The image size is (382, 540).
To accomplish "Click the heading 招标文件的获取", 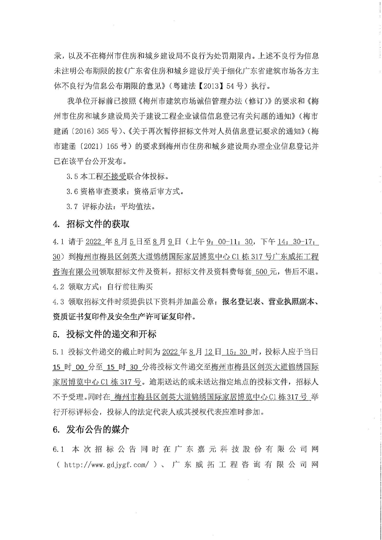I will pyautogui.click(x=98, y=224).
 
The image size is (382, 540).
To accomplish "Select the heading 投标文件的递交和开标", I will pyautogui.click(x=111, y=334).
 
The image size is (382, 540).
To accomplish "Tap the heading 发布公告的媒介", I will pyautogui.click(x=98, y=429).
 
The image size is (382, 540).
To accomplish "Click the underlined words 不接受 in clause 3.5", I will pyautogui.click(x=115, y=177).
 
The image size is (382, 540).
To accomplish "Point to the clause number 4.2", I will pyautogui.click(x=58, y=287).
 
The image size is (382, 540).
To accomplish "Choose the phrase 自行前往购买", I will pyautogui.click(x=130, y=287).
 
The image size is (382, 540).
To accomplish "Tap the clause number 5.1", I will pyautogui.click(x=58, y=352).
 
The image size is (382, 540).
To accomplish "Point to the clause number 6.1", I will pyautogui.click(x=58, y=449).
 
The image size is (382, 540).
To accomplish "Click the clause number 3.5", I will pyautogui.click(x=72, y=177).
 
